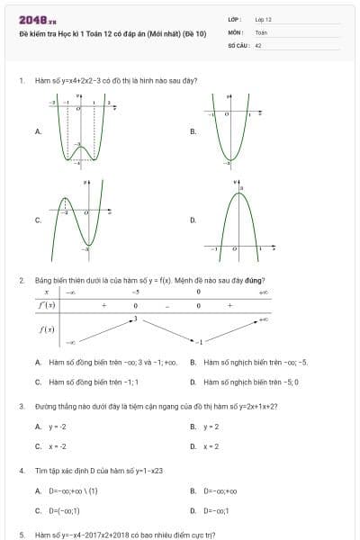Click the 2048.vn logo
pyautogui.click(x=37, y=20)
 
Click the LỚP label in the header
pyautogui.click(x=236, y=19)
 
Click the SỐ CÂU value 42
pyautogui.click(x=258, y=44)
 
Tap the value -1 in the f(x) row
pyautogui.click(x=199, y=343)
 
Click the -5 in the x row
pyautogui.click(x=136, y=292)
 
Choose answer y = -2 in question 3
pyautogui.click(x=58, y=427)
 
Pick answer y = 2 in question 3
pyautogui.click(x=211, y=427)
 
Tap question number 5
pyautogui.click(x=21, y=535)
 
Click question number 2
pyautogui.click(x=21, y=280)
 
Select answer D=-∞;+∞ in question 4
pyautogui.click(x=220, y=491)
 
